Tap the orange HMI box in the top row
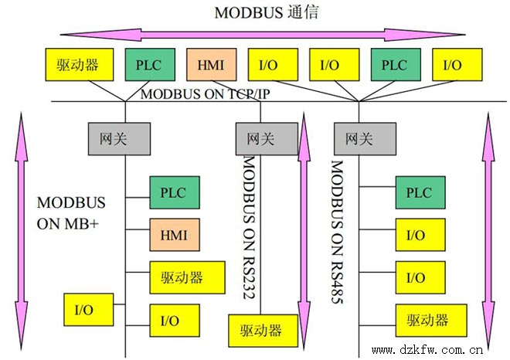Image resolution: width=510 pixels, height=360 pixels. [x=210, y=65]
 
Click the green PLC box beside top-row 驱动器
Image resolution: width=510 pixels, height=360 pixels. [x=149, y=65]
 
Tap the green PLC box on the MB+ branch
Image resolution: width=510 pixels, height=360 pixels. [x=174, y=192]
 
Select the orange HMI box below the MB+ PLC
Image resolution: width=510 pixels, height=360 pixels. [x=174, y=233]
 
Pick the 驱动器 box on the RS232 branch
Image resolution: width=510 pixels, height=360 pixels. [x=260, y=331]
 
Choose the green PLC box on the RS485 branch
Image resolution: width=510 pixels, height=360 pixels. [x=420, y=192]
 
